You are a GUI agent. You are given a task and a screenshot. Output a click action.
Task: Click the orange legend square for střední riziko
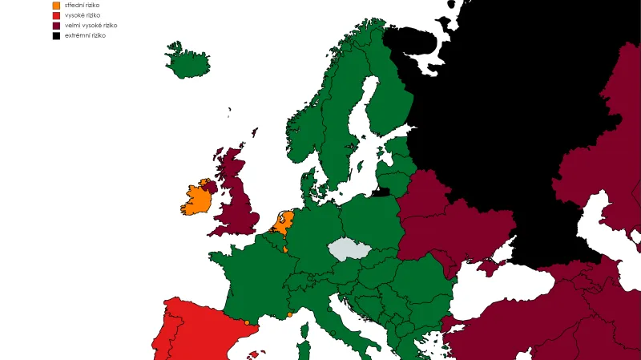[56, 6]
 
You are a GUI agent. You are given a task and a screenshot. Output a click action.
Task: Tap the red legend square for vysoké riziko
[56, 15]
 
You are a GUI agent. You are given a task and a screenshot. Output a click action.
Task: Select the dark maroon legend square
[56, 26]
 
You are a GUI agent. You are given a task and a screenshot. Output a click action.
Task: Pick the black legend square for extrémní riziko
[56, 36]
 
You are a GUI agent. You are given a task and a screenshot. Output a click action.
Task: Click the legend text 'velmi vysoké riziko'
[91, 26]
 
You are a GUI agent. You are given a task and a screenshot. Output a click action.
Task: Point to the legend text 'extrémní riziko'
[85, 36]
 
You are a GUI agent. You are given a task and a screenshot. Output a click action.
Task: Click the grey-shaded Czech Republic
[351, 249]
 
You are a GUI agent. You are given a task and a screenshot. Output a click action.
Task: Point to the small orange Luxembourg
[285, 249]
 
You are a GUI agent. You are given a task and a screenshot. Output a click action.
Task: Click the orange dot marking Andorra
[247, 322]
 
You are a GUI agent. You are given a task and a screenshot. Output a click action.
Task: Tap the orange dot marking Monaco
[289, 314]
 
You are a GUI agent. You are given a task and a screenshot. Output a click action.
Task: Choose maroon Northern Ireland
[210, 187]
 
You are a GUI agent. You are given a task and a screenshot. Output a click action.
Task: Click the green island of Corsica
[304, 350]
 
